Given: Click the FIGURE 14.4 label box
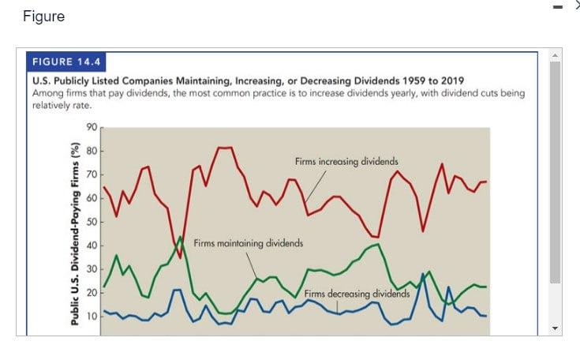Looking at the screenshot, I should (67, 62).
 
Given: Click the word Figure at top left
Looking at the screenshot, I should (44, 17).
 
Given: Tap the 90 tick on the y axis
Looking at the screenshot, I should (91, 127).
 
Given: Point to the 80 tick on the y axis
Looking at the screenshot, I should (91, 150).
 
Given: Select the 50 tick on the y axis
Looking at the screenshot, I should (91, 222).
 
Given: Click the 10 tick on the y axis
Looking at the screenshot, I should (91, 317).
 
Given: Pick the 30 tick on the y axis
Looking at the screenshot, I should (91, 269).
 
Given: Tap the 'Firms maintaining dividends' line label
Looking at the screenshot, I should (248, 243).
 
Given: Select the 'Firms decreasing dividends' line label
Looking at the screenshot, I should (357, 293).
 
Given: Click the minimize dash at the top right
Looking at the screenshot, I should (558, 8).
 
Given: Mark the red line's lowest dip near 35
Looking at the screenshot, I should (180, 257).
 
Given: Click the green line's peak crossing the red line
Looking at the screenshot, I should (180, 237).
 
